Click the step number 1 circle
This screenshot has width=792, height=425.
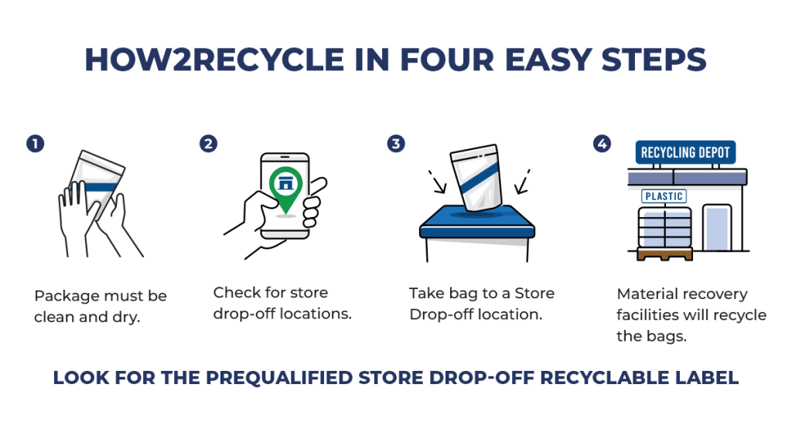coord(35,143)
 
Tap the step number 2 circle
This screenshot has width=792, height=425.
coord(208,143)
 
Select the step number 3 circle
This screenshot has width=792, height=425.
coord(396,143)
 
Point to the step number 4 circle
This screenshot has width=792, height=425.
coord(602,143)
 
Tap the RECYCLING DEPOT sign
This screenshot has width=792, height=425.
coord(685,152)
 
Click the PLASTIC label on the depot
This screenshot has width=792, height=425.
coord(664,196)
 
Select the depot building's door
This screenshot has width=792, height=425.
coord(716,227)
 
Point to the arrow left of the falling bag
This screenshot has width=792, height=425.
coord(438,182)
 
